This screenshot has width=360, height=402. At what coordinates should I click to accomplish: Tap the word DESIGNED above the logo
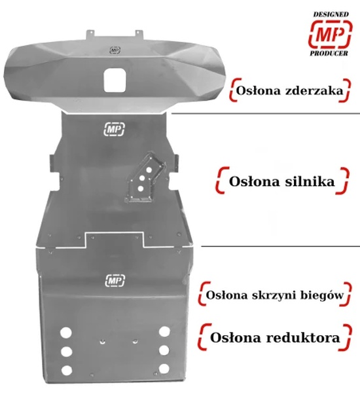(x=331, y=14)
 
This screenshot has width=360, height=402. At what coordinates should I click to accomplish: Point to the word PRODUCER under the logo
(x=329, y=53)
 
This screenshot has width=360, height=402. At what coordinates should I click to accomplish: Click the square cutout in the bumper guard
(x=115, y=81)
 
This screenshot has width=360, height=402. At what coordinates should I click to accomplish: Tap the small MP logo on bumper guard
(x=115, y=50)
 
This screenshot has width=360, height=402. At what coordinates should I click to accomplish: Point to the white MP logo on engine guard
(x=114, y=129)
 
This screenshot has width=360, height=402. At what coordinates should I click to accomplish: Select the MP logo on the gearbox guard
(x=115, y=280)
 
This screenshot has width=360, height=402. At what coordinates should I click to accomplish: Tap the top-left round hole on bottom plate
(x=66, y=333)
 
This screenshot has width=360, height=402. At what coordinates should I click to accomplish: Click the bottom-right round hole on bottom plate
(x=164, y=369)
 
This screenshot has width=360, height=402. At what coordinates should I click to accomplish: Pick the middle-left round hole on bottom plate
(x=66, y=352)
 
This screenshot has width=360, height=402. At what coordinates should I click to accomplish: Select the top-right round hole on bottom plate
(x=164, y=331)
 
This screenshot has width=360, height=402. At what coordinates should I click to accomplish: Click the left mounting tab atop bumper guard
(x=90, y=34)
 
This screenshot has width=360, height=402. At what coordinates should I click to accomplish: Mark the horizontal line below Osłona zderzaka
(x=266, y=113)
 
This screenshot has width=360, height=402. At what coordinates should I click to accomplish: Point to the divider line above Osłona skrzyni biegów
(x=280, y=246)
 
